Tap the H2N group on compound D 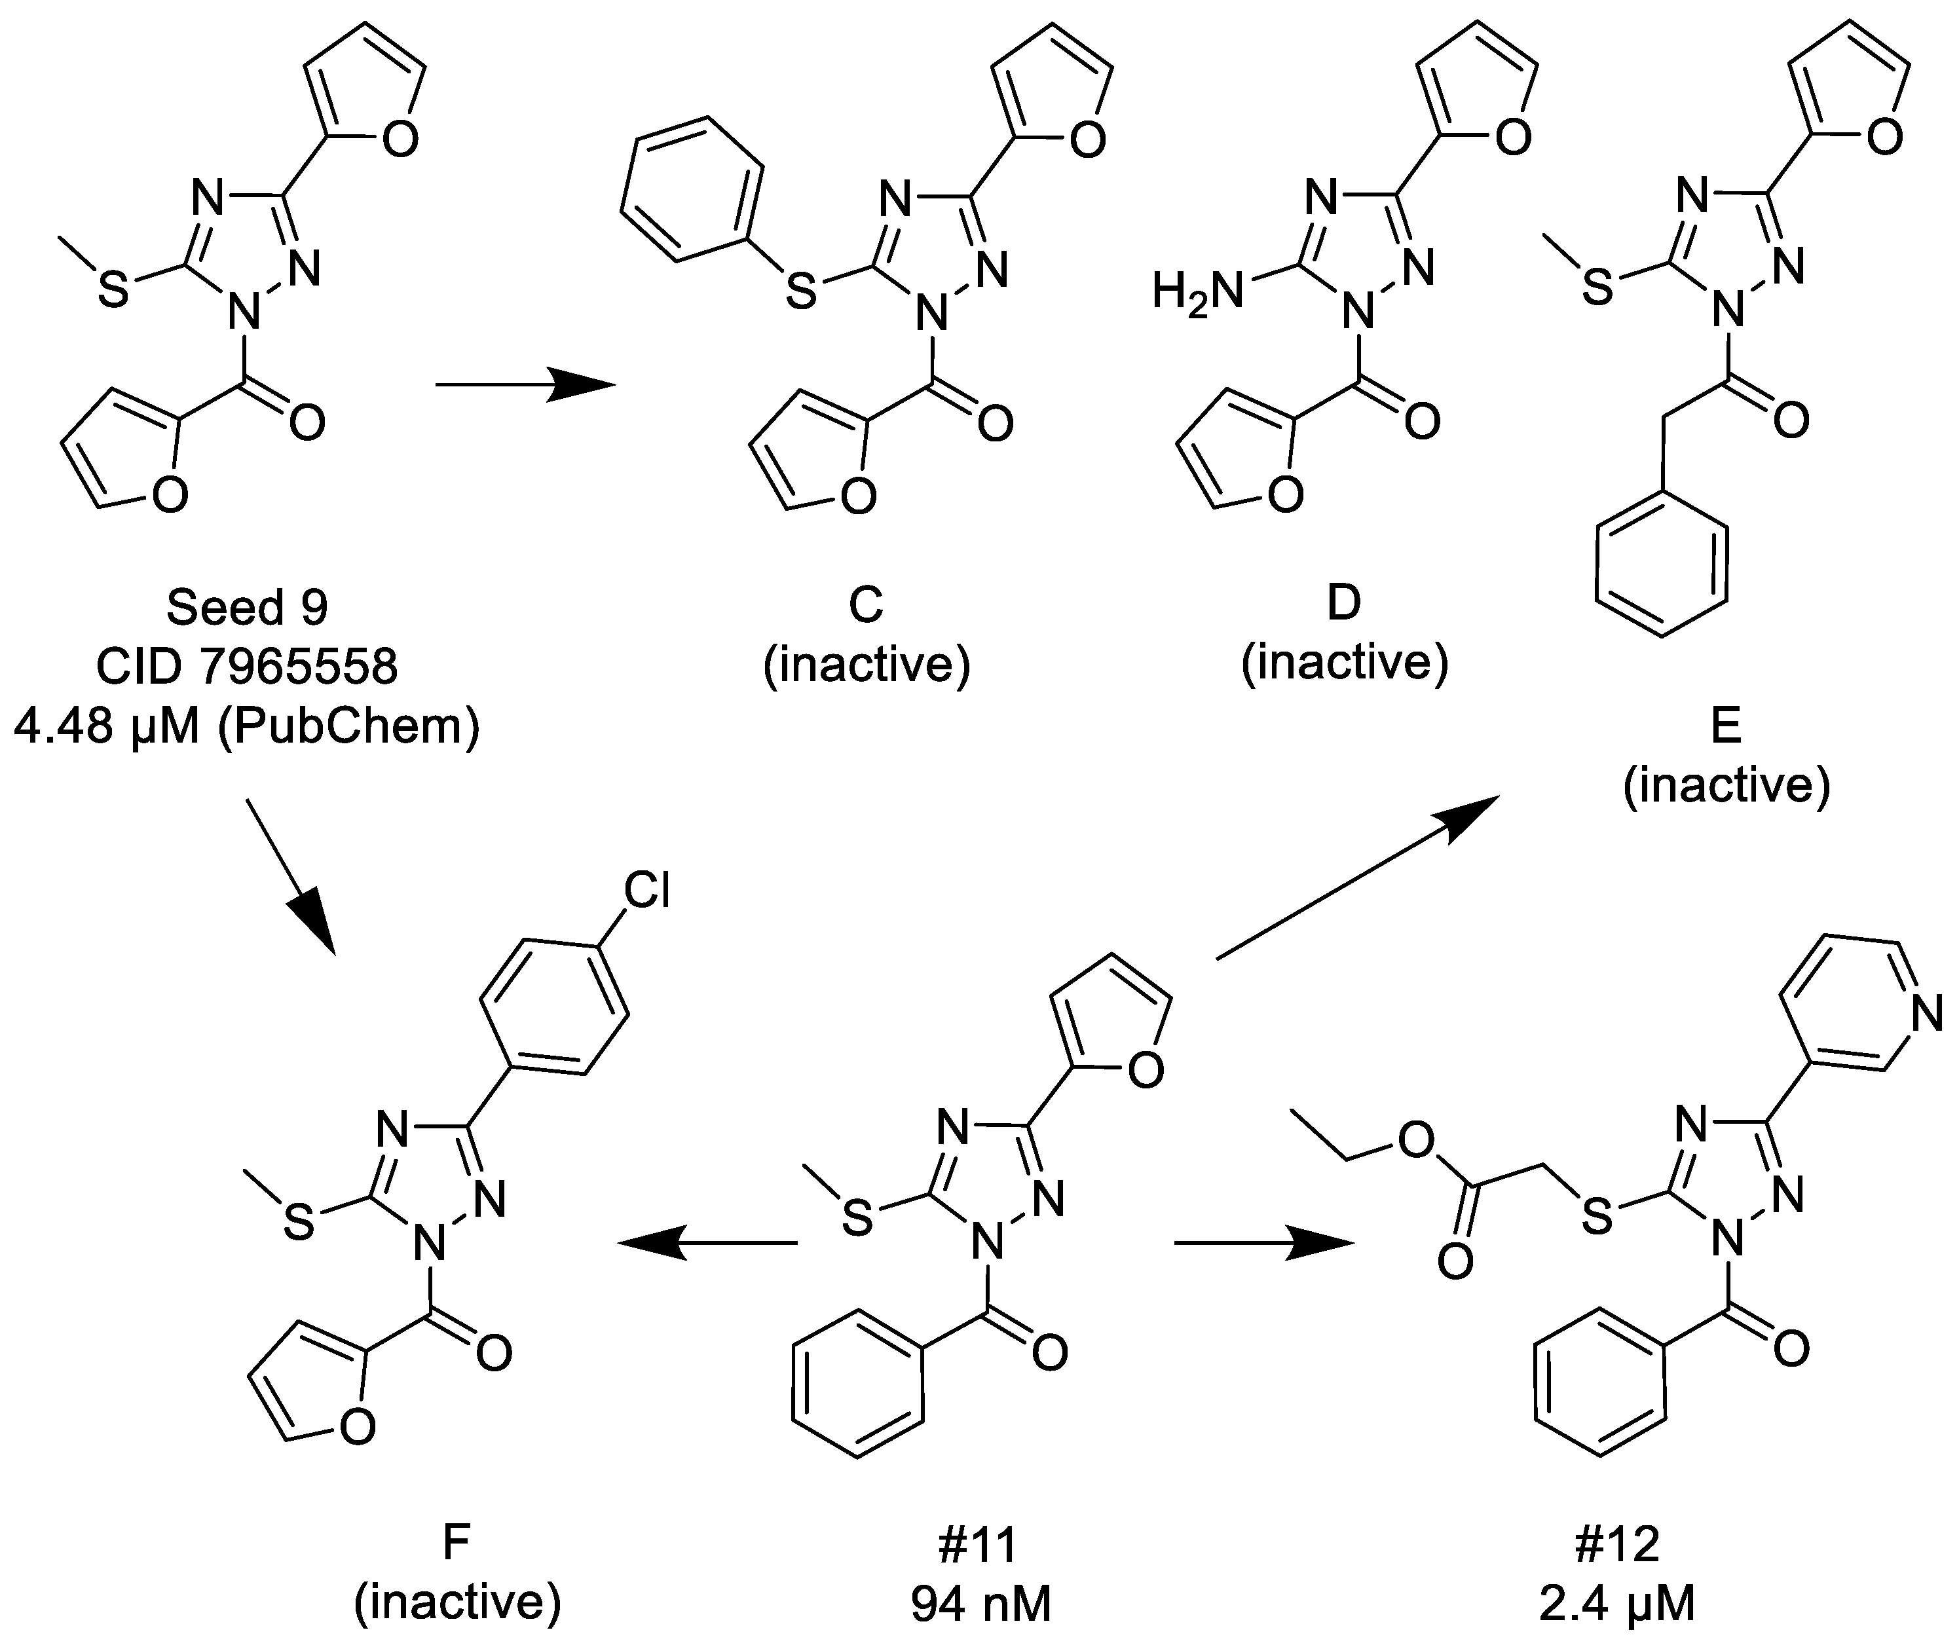tap(1198, 291)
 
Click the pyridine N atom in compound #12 tap(1926, 1013)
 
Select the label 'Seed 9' tap(248, 608)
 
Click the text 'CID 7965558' tap(248, 667)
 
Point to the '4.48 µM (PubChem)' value tap(248, 726)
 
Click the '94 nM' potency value tap(981, 1604)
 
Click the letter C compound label tap(866, 605)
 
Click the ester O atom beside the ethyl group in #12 tap(1417, 1140)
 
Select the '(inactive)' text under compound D tap(1345, 663)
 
